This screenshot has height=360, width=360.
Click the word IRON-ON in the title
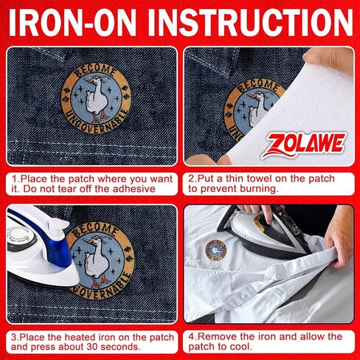pos(72,22)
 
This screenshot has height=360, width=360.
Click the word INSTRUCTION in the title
pos(250,22)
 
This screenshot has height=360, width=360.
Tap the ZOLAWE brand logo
pos(304,145)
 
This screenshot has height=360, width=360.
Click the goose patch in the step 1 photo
pos(96,99)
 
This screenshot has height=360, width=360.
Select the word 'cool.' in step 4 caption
pos(240,347)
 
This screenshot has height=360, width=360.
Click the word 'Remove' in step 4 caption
pos(218,336)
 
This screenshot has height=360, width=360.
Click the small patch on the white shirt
pos(216,250)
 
